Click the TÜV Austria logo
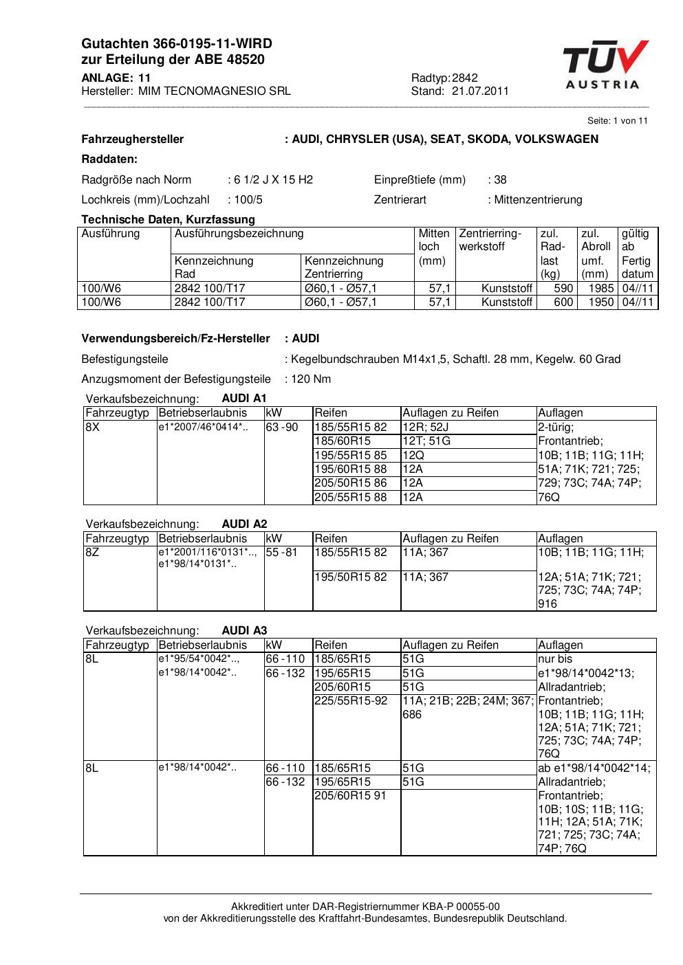(605, 65)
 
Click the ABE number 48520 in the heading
(246, 60)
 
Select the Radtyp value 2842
(465, 78)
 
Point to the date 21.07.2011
(480, 91)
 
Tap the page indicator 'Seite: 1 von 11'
(617, 120)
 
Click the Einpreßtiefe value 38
(500, 180)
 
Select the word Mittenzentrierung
(538, 200)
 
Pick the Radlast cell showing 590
(563, 289)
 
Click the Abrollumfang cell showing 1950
(600, 302)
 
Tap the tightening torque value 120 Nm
(311, 379)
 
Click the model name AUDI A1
(244, 399)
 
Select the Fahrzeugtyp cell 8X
(93, 428)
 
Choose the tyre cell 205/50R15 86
(351, 483)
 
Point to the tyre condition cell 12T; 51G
(426, 441)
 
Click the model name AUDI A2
(244, 524)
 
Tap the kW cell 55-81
(282, 553)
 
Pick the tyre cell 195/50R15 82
(351, 577)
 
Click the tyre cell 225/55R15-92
(351, 701)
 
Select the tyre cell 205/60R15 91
(351, 796)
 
